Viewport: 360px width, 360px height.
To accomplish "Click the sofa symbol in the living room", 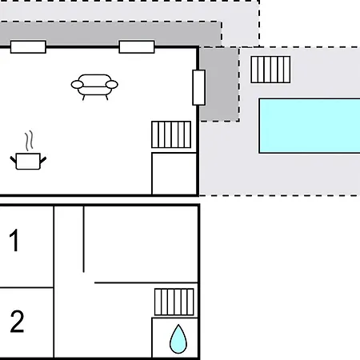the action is (x=94, y=86).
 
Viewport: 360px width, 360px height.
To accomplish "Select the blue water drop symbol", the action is (x=178, y=339).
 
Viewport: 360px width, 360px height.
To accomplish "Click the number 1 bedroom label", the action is (x=14, y=240).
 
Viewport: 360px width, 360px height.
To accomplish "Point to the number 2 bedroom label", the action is (x=17, y=322).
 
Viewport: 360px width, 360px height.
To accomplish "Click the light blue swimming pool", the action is (x=310, y=126).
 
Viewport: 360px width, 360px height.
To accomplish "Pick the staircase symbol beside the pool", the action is (x=270, y=70).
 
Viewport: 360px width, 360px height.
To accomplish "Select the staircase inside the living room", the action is (x=171, y=134).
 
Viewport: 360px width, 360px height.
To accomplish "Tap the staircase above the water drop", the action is (x=174, y=302).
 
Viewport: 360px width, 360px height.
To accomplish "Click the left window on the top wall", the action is (x=28, y=47).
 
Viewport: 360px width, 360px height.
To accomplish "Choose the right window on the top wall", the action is (x=137, y=47).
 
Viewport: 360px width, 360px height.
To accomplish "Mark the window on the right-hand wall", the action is (x=198, y=87).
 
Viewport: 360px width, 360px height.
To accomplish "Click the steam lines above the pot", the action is (x=29, y=141).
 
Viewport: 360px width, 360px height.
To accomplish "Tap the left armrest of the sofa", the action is (x=77, y=85).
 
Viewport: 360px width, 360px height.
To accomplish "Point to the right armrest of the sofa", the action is (x=112, y=85).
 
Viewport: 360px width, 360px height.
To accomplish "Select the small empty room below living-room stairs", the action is (x=174, y=174).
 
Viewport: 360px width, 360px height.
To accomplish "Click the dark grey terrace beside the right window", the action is (x=219, y=84).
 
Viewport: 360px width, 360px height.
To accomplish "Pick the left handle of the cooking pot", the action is (x=14, y=160).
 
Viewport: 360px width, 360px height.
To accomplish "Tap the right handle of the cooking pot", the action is (x=43, y=160).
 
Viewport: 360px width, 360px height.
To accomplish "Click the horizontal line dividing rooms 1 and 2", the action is (x=26, y=288).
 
